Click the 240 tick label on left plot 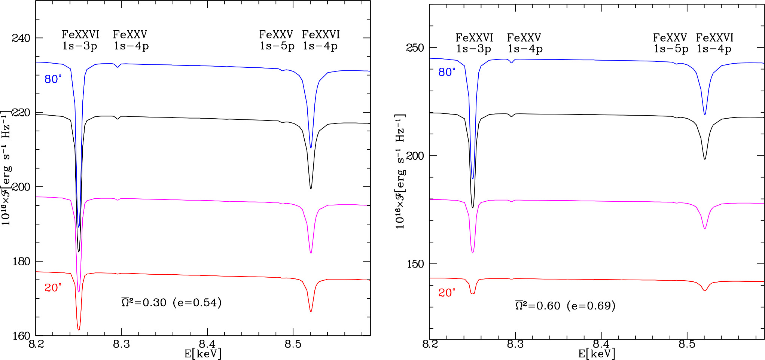[21, 38]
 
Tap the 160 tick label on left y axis [21, 336]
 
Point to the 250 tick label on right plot [415, 48]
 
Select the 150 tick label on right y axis [415, 264]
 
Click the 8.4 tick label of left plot [207, 344]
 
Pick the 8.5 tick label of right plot [687, 344]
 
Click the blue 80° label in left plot [53, 79]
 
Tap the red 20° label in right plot [447, 293]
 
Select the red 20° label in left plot [53, 287]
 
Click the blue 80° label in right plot [447, 72]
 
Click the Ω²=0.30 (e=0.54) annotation [171, 302]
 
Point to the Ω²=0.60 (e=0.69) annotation [565, 306]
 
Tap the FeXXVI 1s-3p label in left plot [80, 40]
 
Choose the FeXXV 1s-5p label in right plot [670, 43]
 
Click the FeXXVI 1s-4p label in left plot [321, 40]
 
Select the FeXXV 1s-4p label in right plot [524, 43]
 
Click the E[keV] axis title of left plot [203, 353]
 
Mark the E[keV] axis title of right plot [597, 353]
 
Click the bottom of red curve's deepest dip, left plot [79, 330]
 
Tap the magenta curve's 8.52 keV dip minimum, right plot [705, 228]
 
